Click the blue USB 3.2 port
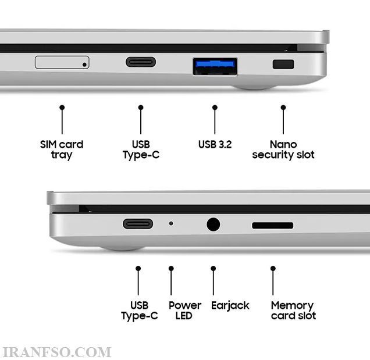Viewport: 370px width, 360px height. tap(215, 66)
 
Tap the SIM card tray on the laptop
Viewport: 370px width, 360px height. tap(62, 62)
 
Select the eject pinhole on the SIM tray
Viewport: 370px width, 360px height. tap(84, 65)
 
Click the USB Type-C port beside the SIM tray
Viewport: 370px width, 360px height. tap(141, 62)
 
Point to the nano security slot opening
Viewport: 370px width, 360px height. tap(283, 64)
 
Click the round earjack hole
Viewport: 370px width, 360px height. tap(214, 224)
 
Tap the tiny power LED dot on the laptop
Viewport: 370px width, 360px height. tap(171, 223)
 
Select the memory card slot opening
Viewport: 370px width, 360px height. tap(272, 225)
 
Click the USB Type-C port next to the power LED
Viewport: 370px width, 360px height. tap(138, 224)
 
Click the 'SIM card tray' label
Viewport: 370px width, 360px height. tap(62, 150)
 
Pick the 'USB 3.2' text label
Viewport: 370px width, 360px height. tap(215, 144)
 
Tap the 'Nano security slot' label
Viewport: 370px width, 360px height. tap(283, 149)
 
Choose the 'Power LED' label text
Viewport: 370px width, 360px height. tap(185, 311)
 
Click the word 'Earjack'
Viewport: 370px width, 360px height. tap(230, 305)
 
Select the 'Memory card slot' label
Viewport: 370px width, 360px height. tap(293, 311)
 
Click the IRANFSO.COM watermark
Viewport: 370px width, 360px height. tap(56, 352)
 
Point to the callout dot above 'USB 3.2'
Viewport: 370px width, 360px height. tap(215, 108)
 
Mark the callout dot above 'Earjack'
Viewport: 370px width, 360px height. tap(214, 269)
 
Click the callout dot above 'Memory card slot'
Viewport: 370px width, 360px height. tap(273, 269)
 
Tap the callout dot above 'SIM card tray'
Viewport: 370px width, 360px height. tap(62, 108)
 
